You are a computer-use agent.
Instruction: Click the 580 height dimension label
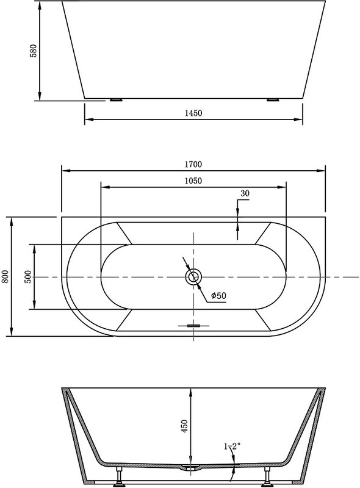pos(33,51)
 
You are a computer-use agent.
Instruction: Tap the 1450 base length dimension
pos(193,113)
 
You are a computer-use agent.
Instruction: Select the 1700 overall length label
pos(193,164)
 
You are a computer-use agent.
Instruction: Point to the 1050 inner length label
pos(193,181)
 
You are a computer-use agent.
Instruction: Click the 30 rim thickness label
pos(245,193)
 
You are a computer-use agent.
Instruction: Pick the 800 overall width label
pos(5,277)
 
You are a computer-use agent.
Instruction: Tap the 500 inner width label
pos(27,277)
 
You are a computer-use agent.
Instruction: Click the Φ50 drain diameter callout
pos(218,295)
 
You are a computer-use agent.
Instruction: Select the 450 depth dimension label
pos(185,426)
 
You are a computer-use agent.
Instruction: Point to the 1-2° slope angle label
pos(232,447)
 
